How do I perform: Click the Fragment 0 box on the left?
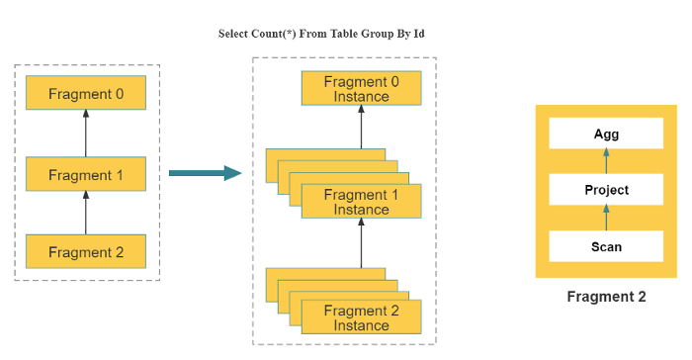[x=86, y=94]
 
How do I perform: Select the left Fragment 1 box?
[x=86, y=174]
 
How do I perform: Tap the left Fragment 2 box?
[x=86, y=252]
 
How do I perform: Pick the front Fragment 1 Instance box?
[x=361, y=202]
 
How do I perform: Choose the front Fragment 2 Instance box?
[x=361, y=317]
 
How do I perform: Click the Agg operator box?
[x=606, y=134]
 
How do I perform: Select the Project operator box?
[x=606, y=190]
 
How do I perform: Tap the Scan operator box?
[x=606, y=246]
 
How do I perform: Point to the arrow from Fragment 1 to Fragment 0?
[x=86, y=134]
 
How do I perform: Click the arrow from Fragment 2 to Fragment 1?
[x=86, y=213]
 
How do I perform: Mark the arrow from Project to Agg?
[x=606, y=161]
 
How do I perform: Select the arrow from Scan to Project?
[x=606, y=218]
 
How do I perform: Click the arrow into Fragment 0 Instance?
[x=361, y=129]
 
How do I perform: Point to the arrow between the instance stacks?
[x=361, y=243]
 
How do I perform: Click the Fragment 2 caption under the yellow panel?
[x=606, y=296]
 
